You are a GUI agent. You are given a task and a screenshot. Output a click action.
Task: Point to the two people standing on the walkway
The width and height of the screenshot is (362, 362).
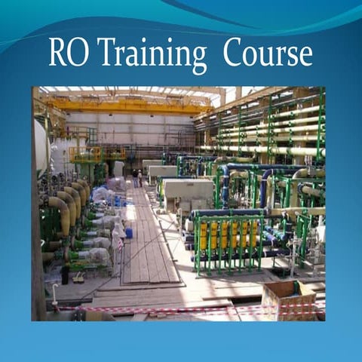(x=137, y=177)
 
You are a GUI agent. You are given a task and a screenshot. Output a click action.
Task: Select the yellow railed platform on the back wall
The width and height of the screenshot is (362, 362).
(x=87, y=155)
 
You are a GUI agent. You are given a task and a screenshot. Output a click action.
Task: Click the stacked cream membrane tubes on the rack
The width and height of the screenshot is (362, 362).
(x=264, y=128)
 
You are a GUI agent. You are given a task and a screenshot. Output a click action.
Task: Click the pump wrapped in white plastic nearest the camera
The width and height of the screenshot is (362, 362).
(x=98, y=256)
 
